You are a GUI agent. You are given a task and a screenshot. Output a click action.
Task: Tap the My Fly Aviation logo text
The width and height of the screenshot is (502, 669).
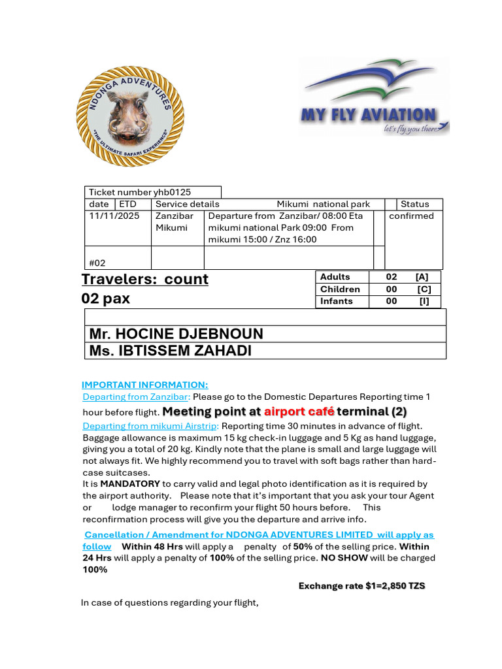(x=368, y=116)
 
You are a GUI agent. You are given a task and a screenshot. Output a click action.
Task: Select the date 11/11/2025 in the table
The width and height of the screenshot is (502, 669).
(x=114, y=216)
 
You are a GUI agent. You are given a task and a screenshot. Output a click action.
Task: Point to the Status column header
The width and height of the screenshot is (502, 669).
(x=415, y=204)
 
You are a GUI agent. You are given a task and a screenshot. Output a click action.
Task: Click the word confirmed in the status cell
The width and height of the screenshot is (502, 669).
(x=411, y=216)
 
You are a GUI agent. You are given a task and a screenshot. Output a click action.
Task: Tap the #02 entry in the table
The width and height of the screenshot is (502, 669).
(x=97, y=263)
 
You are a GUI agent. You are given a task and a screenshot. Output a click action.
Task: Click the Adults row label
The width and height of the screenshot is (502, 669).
(x=335, y=277)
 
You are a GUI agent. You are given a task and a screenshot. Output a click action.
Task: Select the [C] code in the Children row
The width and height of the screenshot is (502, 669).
(x=424, y=289)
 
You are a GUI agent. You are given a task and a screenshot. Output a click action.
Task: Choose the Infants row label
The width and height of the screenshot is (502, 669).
(x=336, y=301)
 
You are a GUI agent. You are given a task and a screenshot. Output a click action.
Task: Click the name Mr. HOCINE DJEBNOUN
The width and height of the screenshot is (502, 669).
(x=176, y=334)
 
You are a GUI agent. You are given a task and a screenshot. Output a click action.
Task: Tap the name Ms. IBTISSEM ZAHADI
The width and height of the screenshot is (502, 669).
(x=170, y=351)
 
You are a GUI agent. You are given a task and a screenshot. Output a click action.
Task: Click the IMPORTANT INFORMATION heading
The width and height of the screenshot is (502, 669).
(x=145, y=385)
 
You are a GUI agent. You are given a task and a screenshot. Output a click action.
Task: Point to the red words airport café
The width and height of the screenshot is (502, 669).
(x=299, y=412)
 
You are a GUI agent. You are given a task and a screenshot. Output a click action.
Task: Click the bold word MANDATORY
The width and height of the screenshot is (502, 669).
(x=129, y=484)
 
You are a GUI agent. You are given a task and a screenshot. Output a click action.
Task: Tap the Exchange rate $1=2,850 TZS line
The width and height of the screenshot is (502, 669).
(x=361, y=586)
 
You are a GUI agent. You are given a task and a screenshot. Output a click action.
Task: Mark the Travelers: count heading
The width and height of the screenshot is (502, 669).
(x=145, y=280)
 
